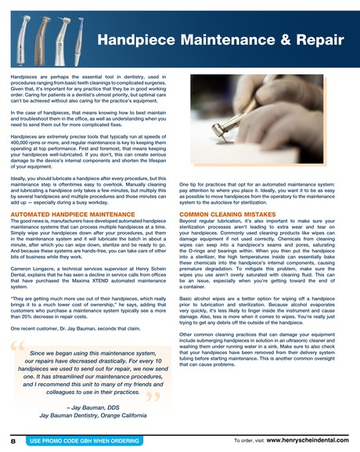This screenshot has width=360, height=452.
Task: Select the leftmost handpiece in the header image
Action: point(13,31)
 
